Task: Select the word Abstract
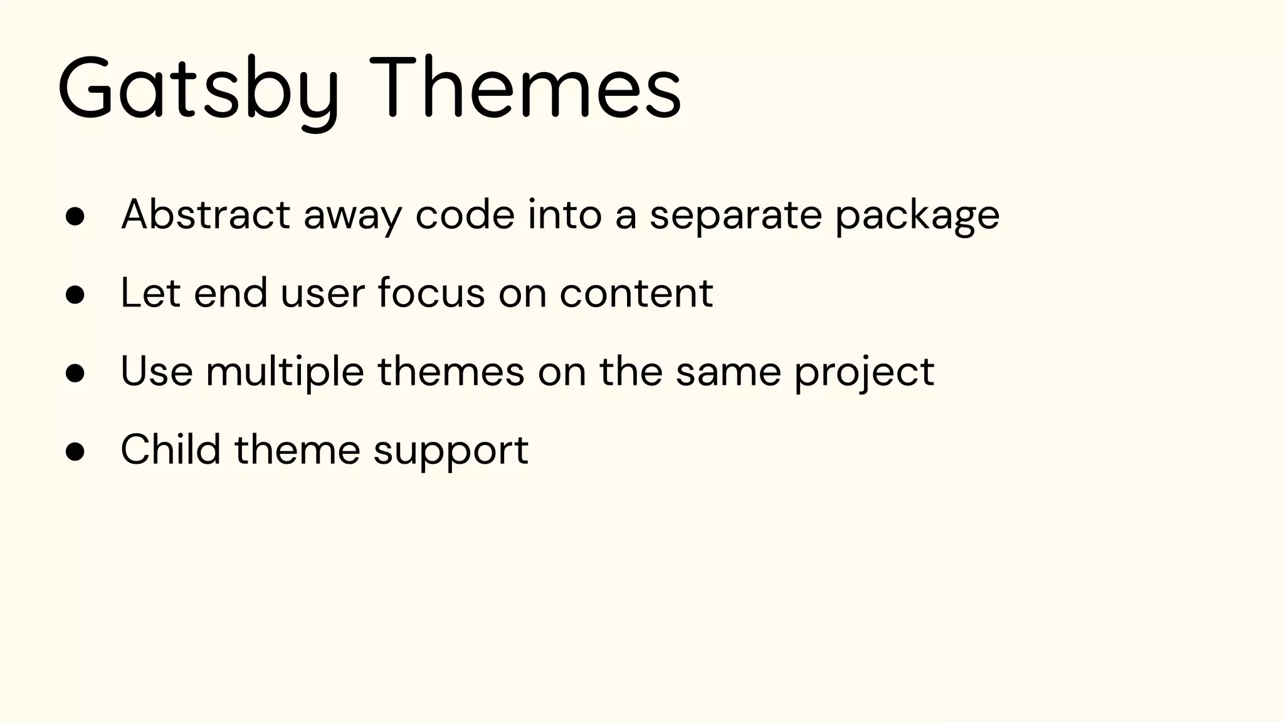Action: tap(205, 215)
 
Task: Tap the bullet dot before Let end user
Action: tap(75, 295)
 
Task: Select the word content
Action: tap(636, 293)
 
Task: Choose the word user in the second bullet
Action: tap(322, 295)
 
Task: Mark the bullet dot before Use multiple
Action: tap(75, 373)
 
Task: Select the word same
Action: tap(728, 372)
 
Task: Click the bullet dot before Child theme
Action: tap(75, 451)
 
